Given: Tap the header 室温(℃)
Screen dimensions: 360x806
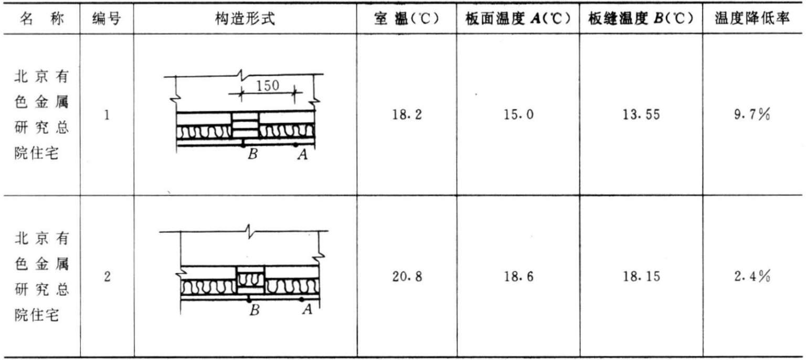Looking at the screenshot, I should pos(406,20).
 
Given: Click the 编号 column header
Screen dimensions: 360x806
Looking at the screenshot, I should pos(107,20).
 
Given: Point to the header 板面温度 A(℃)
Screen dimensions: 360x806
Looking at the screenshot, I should pos(517,20).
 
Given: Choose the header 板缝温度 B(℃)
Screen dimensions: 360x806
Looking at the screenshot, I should pos(641,20).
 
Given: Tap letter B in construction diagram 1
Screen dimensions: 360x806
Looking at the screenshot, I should pos(252,155).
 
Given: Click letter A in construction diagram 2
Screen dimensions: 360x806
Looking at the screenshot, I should pos(307,310).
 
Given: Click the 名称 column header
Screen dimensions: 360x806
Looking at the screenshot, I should pos(44,20).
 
